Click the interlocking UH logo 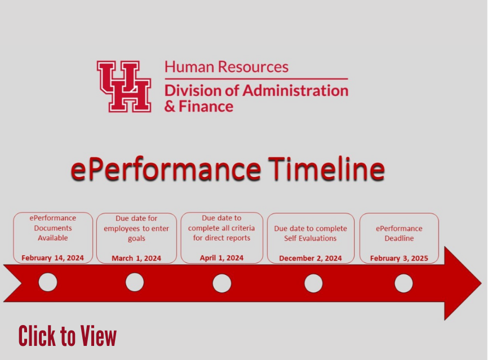click(x=124, y=86)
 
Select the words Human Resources click(x=227, y=67)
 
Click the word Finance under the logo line click(x=206, y=106)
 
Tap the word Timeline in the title click(x=326, y=168)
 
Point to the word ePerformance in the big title click(x=166, y=169)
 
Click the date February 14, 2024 click(x=52, y=258)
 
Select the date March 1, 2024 click(x=136, y=258)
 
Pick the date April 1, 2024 click(x=221, y=258)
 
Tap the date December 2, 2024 click(x=310, y=258)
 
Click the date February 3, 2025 click(x=399, y=258)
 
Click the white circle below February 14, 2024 click(x=48, y=282)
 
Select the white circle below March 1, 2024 click(x=135, y=282)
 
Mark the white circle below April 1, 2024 click(x=222, y=283)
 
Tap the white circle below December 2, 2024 click(x=313, y=283)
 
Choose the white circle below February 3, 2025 click(x=403, y=283)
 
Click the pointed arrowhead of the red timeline click(x=481, y=283)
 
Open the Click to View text click(x=68, y=336)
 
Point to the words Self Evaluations click(x=310, y=238)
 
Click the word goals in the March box click(x=136, y=239)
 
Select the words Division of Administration click(x=256, y=91)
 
